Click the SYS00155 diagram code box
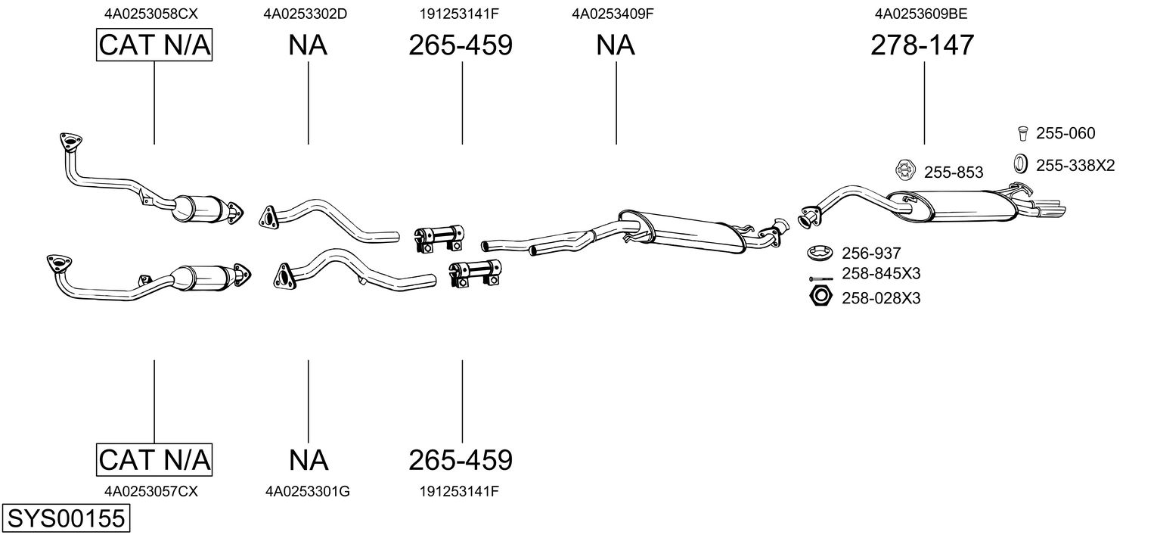point(65,519)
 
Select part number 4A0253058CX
point(154,13)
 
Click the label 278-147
point(923,45)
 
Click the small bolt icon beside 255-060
point(1020,133)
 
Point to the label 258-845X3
point(881,273)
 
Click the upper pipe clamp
point(439,237)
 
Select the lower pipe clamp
point(475,273)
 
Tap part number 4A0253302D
point(306,13)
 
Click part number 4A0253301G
point(307,491)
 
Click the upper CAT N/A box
point(154,45)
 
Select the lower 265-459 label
point(460,459)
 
